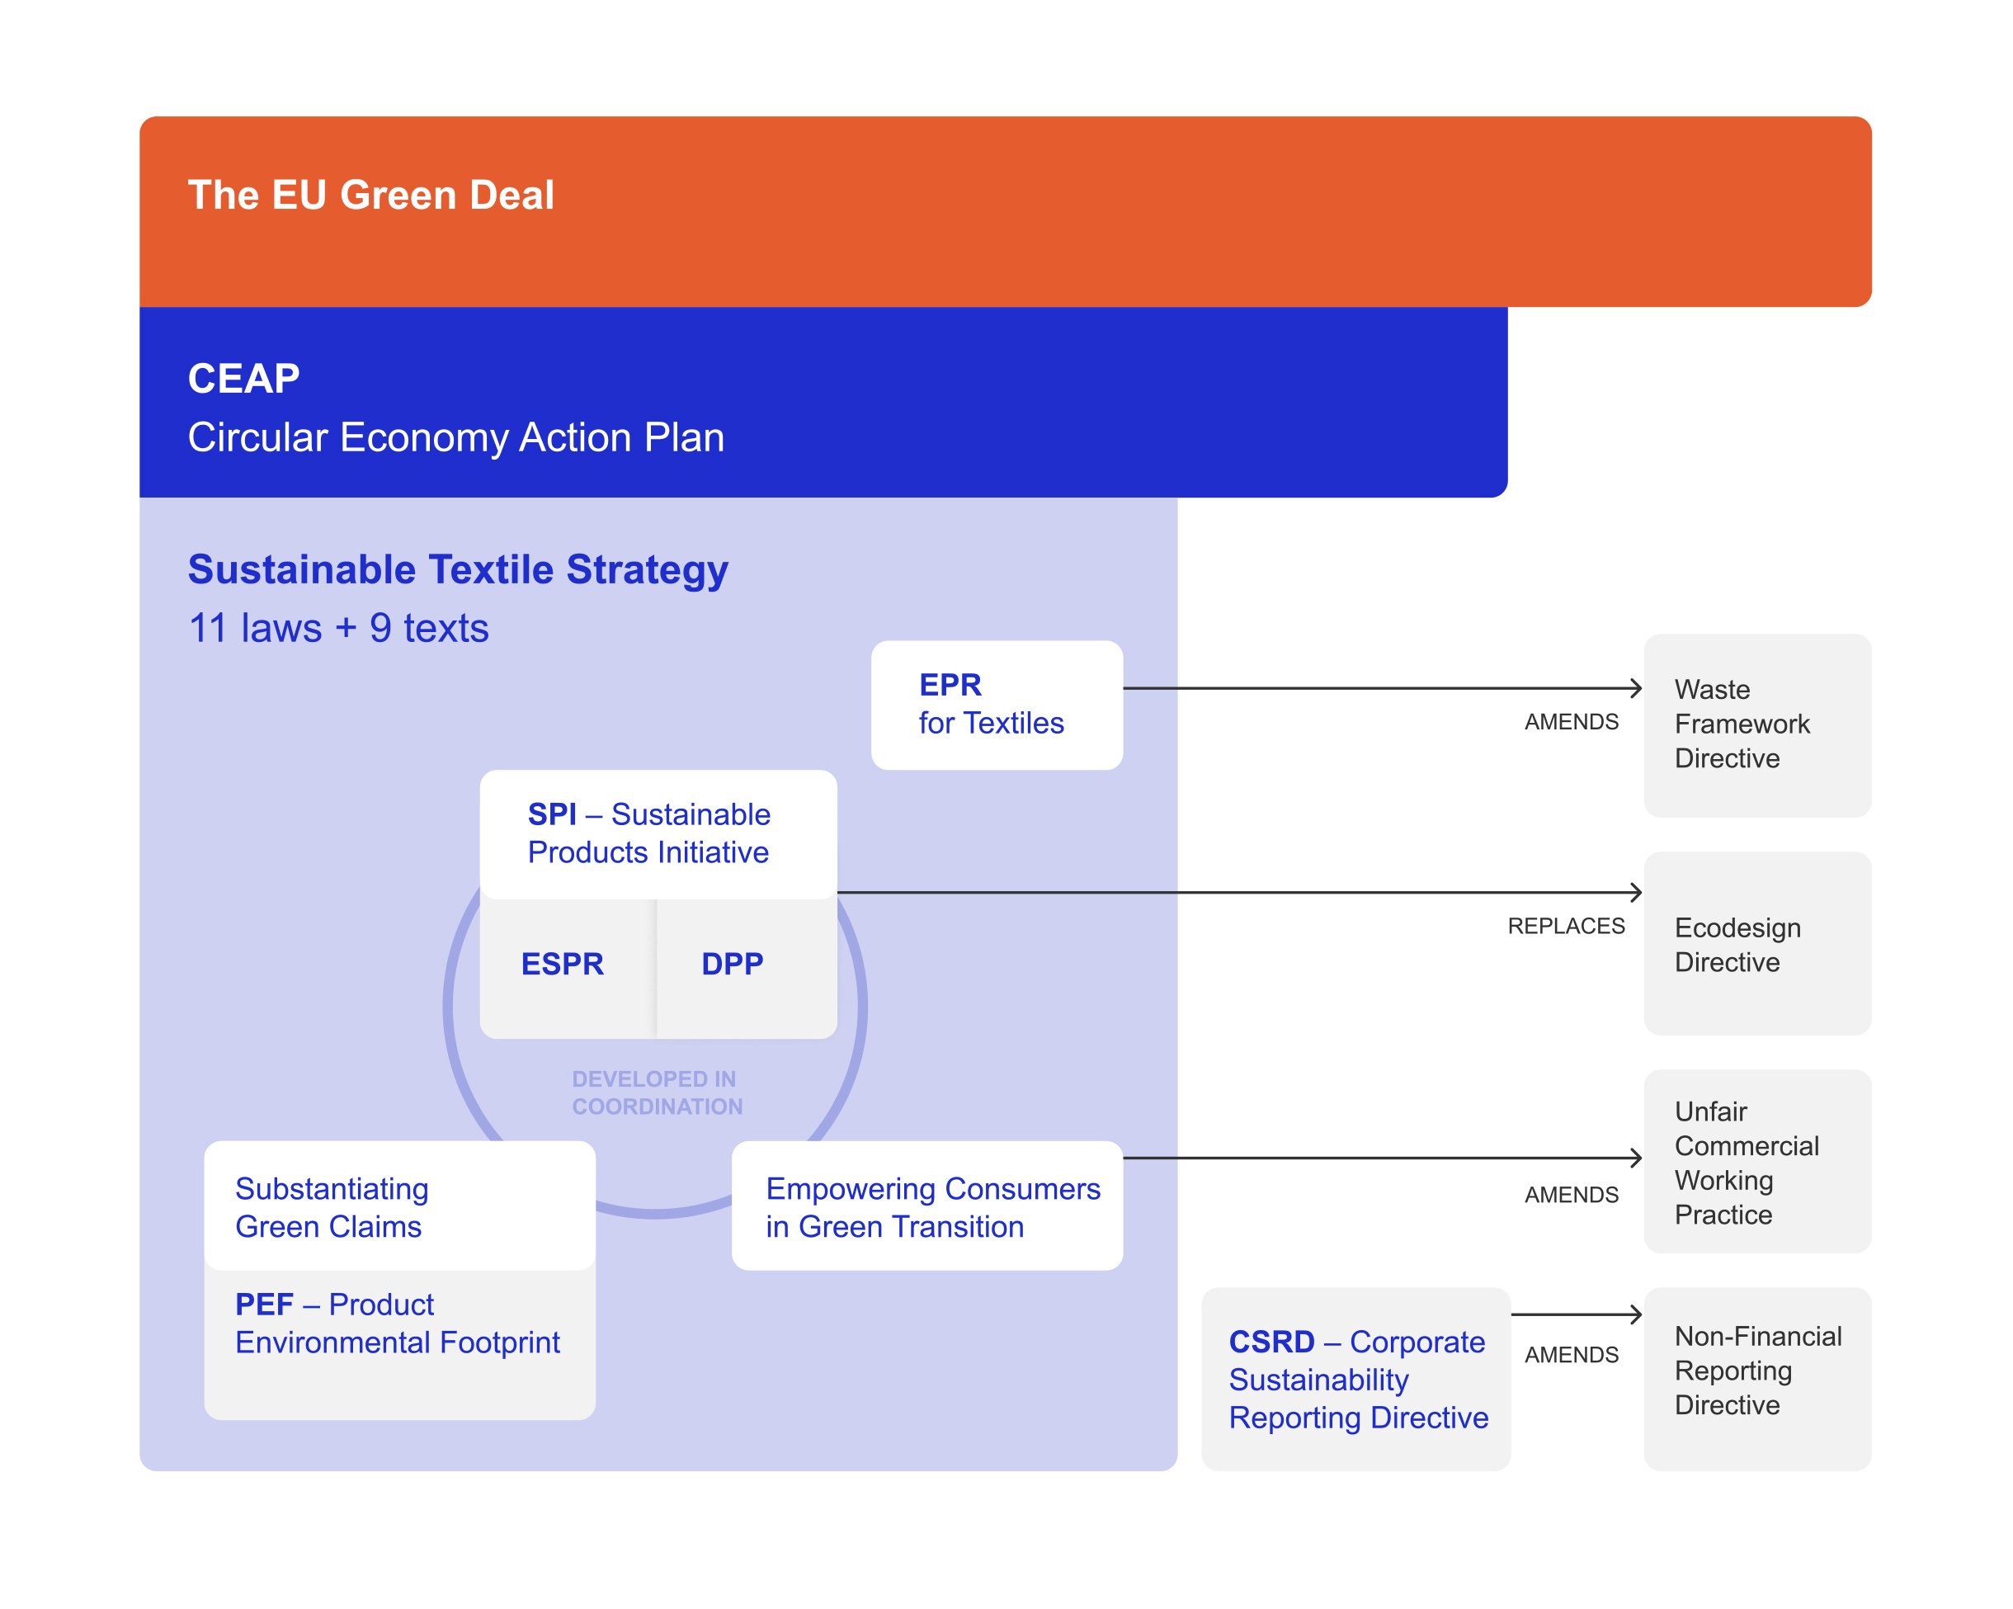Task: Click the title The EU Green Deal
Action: click(x=370, y=196)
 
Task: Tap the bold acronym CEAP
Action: click(x=243, y=378)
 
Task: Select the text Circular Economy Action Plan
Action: click(x=455, y=437)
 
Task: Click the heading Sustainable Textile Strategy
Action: click(x=458, y=569)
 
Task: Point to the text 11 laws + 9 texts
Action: click(x=338, y=628)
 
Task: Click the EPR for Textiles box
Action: click(x=997, y=705)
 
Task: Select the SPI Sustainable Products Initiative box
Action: click(x=658, y=833)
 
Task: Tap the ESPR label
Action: click(x=562, y=964)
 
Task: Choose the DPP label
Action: click(x=732, y=964)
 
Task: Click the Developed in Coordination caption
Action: click(x=657, y=1092)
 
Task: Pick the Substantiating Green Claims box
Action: click(x=399, y=1206)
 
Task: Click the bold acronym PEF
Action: click(x=264, y=1304)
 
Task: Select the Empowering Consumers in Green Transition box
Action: click(x=927, y=1206)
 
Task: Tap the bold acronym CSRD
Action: click(x=1270, y=1341)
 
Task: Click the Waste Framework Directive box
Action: click(x=1756, y=724)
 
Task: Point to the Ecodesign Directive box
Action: click(x=1756, y=943)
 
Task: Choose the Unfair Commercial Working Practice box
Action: click(x=1756, y=1162)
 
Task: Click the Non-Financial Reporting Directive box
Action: click(x=1756, y=1371)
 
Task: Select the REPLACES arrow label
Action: click(x=1566, y=927)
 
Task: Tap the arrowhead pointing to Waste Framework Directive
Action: click(x=1637, y=688)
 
